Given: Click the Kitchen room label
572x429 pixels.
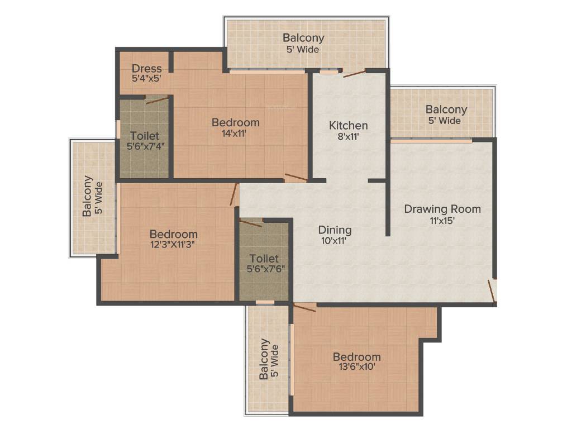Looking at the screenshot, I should coord(348,125).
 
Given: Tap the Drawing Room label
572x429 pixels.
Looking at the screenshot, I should coord(442,209).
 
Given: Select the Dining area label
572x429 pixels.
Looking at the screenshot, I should coord(335,230).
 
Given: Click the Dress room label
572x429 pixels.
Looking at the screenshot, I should coord(147,69).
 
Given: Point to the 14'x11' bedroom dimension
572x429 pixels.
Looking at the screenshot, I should coord(235,134).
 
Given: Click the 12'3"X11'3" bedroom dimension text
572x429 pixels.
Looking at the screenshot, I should coord(173,244).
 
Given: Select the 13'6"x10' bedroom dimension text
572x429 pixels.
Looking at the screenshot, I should coord(357,367).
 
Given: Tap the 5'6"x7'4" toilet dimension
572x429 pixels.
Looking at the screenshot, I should coord(145,146).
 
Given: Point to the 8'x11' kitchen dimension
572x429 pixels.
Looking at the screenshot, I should coord(348,136).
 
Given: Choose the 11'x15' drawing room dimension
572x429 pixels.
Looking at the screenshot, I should coord(442,220).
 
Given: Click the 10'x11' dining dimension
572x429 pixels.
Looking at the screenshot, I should coord(335,240).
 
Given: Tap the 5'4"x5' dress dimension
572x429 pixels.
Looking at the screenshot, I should coord(147,79).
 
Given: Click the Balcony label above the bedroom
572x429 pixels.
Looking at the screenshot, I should coord(303,38).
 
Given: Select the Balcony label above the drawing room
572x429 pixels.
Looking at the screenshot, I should coord(446,109).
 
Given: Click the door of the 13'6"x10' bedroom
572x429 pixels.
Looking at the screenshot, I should coord(305,307).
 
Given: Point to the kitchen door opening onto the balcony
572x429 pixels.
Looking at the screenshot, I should coord(354,73).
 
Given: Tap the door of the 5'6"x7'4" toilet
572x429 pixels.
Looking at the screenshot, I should coord(156,101).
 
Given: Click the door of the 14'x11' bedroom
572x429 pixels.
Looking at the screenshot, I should coord(295,178).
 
